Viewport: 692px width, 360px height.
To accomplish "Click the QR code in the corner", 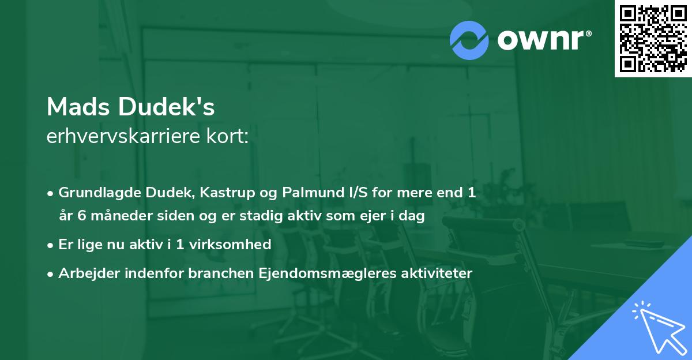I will point(653,39).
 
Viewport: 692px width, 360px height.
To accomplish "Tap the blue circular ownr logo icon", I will point(469,40).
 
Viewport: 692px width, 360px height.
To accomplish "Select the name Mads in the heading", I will point(79,107).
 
